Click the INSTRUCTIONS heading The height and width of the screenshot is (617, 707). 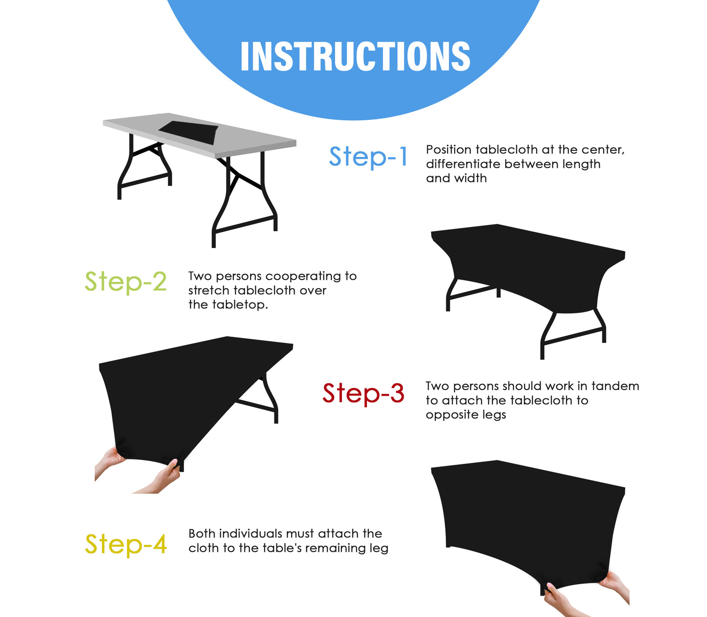pos(355,56)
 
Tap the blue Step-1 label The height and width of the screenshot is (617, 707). pos(368,157)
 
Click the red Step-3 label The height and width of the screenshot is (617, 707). pos(363,393)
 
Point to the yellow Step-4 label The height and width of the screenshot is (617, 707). pos(126,545)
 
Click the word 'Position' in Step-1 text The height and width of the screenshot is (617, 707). pos(449,150)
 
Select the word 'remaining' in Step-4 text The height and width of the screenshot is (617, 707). pos(332,548)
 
